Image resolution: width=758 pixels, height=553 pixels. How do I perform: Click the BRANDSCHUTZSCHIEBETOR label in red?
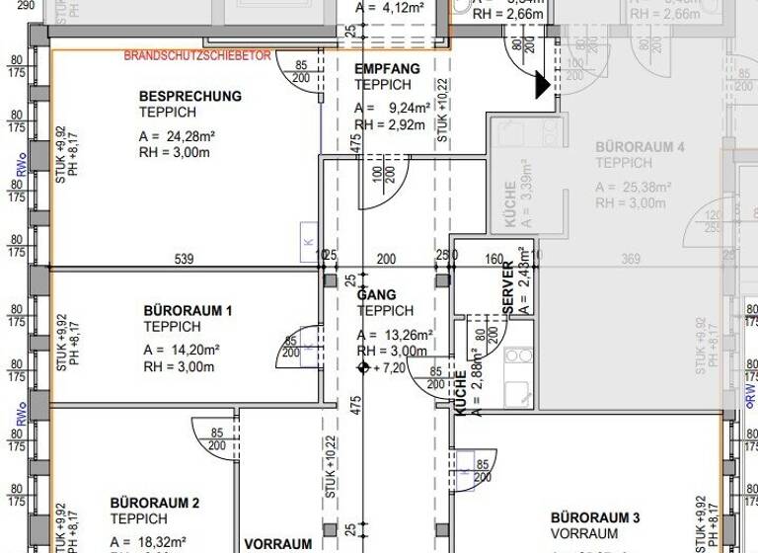pos(197,56)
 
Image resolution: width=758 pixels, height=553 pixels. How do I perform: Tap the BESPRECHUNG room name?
pos(190,97)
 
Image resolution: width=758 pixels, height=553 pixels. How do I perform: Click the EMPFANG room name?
pos(387,69)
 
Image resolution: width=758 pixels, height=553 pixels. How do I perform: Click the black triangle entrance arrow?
pos(542,86)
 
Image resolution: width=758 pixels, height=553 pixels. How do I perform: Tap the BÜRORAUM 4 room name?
pos(640,147)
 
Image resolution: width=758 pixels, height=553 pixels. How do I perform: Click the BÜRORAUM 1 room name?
pos(188,310)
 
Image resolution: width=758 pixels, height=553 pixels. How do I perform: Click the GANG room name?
pos(376,295)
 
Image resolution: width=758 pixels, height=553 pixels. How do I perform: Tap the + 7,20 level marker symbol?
pos(362,367)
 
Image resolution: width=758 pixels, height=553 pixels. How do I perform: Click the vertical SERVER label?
pos(508,288)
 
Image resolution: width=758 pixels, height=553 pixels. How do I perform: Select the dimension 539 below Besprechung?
pos(184,260)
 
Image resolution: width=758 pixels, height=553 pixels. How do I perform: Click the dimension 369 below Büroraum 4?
pos(631,260)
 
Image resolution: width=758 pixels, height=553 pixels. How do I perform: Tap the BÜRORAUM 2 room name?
pos(155,503)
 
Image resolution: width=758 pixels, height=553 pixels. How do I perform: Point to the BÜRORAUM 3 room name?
pos(595,517)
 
